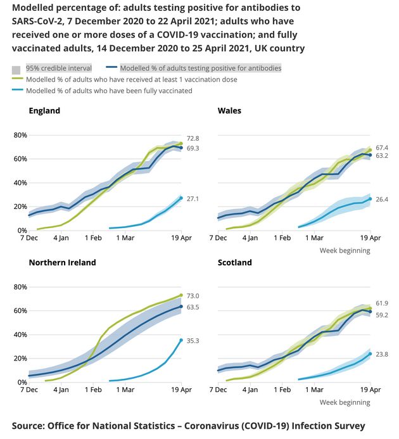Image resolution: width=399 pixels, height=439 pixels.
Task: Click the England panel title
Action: pos(44,111)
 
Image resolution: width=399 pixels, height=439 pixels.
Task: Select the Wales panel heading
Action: pos(229,111)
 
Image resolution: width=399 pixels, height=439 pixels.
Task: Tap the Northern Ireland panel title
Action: pos(62,262)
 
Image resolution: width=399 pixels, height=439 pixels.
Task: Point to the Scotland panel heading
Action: pos(234,262)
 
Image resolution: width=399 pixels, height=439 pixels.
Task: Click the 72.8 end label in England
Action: pos(193,139)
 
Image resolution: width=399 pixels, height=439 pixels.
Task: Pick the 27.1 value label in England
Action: pos(193,199)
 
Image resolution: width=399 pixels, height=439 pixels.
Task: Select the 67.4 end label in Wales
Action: pos(382,148)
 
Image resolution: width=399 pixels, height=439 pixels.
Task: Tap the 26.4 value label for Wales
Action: pos(382,200)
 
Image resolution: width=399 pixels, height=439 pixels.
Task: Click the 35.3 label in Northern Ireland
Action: pos(193,341)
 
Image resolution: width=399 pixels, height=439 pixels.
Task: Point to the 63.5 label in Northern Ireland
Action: pos(193,307)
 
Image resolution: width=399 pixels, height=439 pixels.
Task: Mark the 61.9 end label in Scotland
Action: pos(382,304)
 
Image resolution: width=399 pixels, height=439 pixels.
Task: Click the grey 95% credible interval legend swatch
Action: pos(16,68)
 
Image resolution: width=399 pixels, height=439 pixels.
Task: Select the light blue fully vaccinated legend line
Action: pos(17,91)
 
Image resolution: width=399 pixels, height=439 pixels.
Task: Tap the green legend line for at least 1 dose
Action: pos(17,79)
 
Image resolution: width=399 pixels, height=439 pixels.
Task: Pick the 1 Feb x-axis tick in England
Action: pos(93,238)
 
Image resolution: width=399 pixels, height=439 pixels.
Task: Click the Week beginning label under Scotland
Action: pos(345,402)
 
